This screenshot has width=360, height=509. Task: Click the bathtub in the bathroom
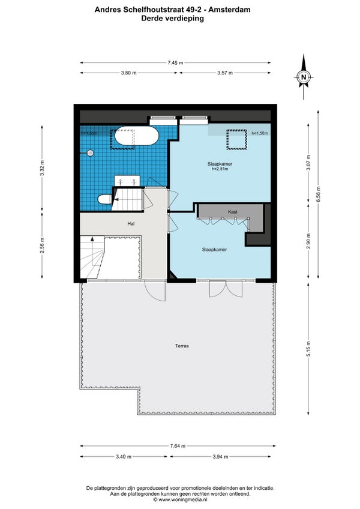137,136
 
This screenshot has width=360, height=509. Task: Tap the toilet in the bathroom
104,199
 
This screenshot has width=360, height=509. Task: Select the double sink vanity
127,181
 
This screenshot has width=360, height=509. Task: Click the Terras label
182,346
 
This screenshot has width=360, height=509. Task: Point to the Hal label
131,223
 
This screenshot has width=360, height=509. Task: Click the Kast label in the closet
232,212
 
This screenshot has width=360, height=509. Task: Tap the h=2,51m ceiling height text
220,169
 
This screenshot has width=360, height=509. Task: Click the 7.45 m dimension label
175,62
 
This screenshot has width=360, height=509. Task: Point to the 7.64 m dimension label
178,446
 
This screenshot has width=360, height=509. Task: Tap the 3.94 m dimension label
220,457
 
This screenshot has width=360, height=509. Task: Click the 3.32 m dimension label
42,168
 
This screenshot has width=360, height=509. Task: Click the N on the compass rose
304,77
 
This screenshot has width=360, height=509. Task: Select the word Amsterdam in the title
229,10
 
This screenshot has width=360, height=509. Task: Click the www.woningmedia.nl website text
183,499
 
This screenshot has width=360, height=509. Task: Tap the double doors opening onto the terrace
226,288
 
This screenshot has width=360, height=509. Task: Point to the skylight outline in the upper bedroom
236,140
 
